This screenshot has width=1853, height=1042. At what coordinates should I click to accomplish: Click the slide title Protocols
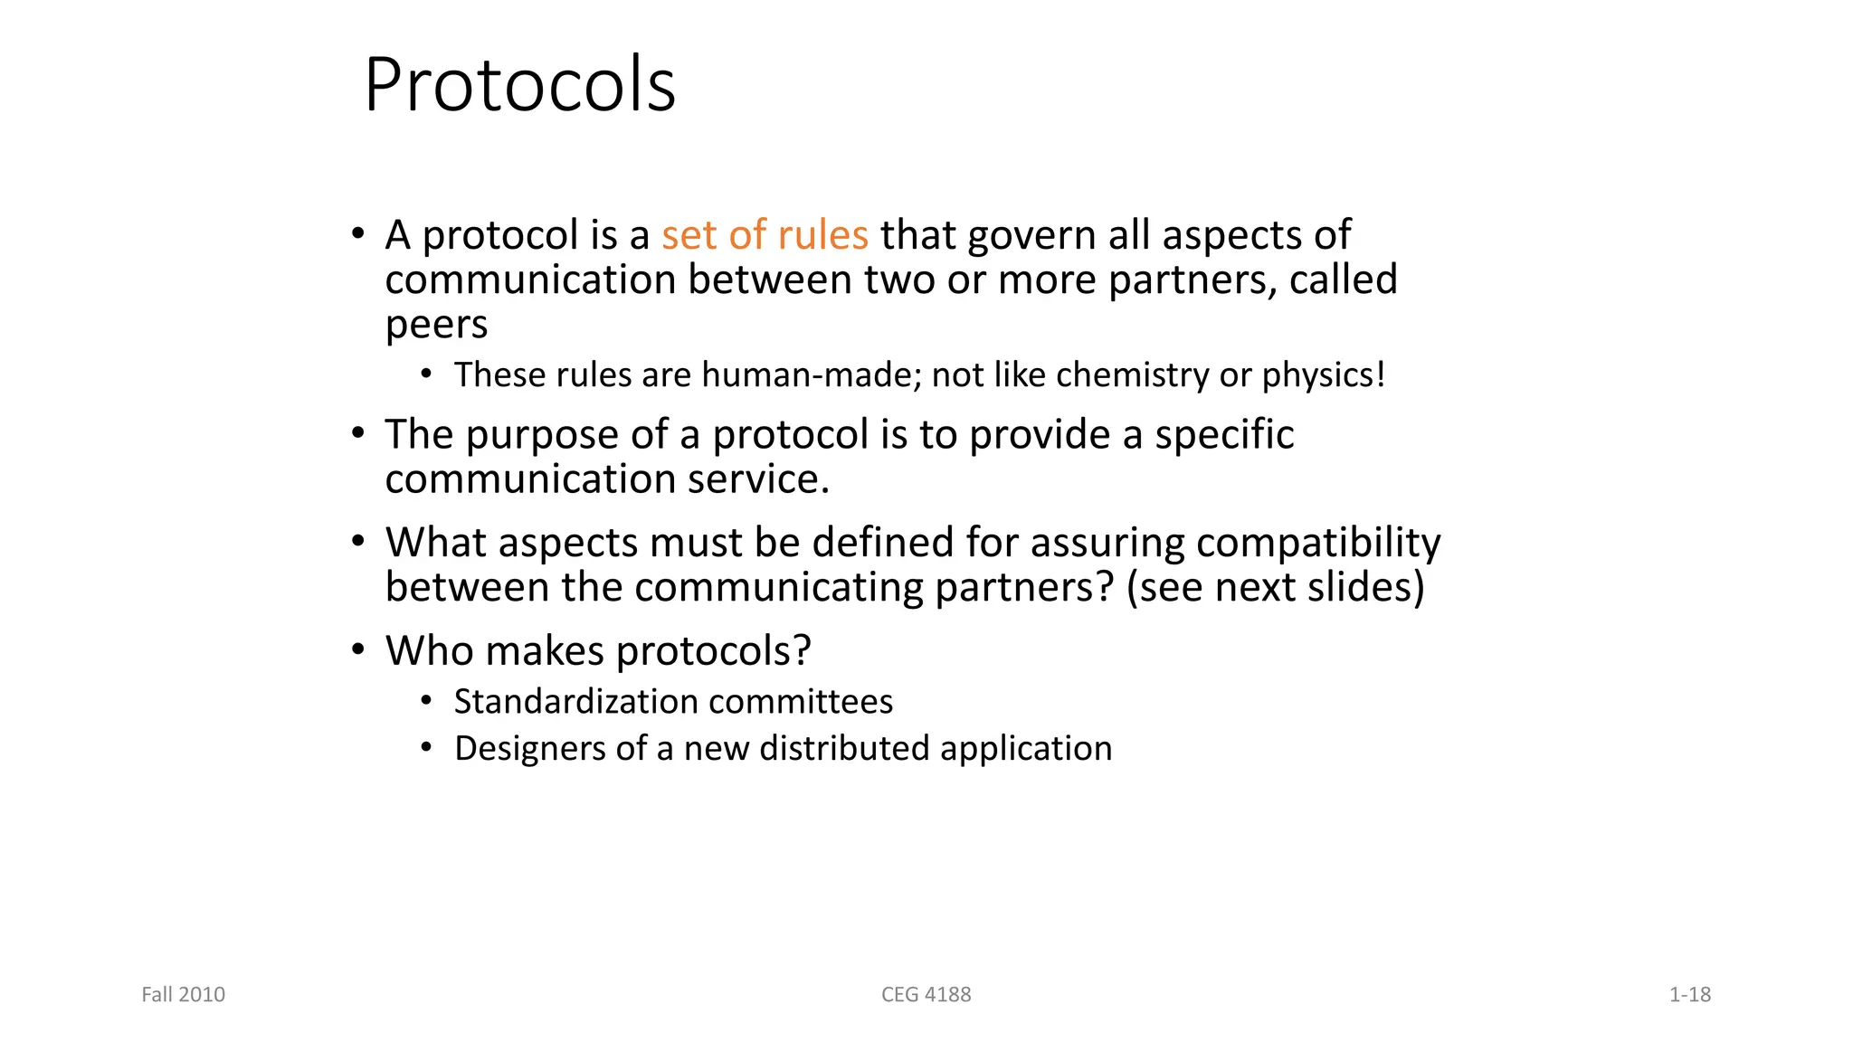[x=519, y=85]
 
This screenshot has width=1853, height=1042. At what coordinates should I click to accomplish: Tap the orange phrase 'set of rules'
[x=765, y=235]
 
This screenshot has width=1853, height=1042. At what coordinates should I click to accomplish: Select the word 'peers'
[x=436, y=325]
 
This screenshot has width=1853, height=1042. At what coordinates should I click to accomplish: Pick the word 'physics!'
[x=1324, y=374]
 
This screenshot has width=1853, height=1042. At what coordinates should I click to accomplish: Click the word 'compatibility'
[x=1318, y=543]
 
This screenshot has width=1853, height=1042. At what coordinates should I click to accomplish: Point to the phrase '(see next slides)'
[x=1275, y=587]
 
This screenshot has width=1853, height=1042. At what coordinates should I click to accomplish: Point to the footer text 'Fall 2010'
[x=184, y=995]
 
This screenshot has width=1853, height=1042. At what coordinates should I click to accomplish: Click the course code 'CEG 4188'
[x=926, y=995]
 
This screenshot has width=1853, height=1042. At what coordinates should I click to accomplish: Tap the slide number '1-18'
[x=1689, y=995]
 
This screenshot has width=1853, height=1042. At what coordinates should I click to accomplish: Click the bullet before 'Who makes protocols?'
[x=358, y=649]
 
